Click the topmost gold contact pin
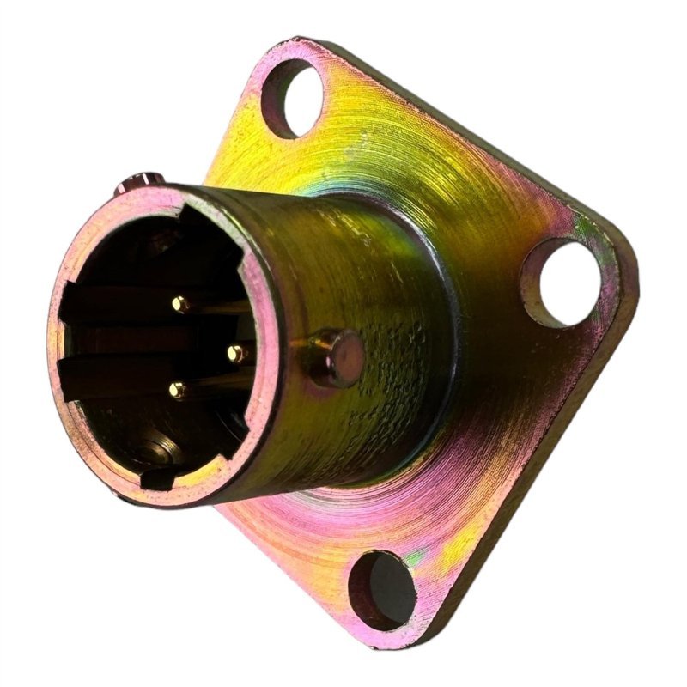(179, 302)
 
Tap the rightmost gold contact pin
(234, 351)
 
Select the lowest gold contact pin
(177, 390)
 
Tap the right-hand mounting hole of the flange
(562, 283)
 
